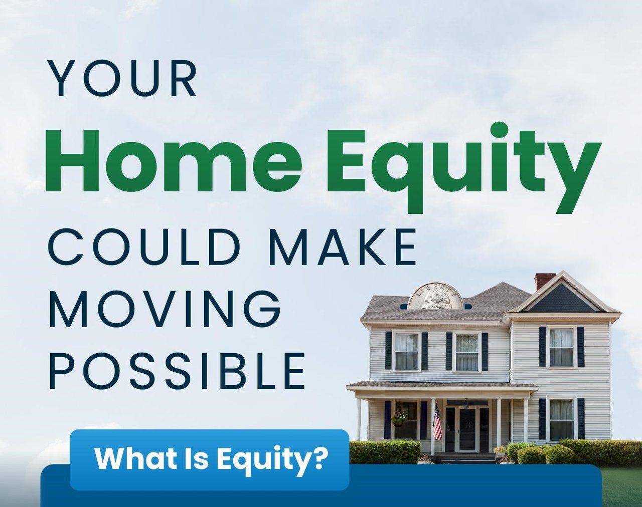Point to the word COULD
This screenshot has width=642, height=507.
point(144,247)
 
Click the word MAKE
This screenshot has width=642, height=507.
point(342,247)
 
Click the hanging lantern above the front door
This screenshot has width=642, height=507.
point(466,404)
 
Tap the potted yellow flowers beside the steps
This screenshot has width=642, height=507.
point(501,451)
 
